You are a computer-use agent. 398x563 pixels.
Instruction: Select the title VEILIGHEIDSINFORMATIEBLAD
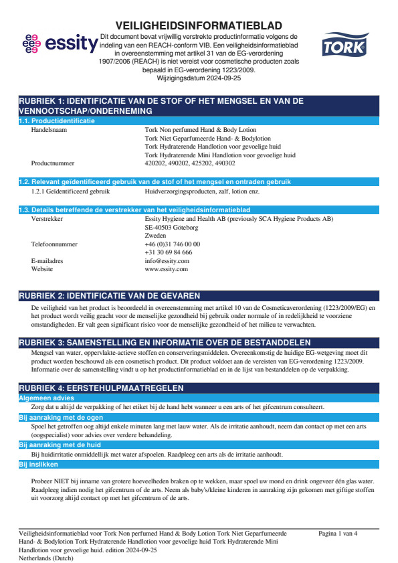click(199, 25)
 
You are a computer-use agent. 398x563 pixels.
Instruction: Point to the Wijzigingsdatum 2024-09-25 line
click(199, 78)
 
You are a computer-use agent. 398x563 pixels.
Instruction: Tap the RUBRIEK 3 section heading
click(164, 342)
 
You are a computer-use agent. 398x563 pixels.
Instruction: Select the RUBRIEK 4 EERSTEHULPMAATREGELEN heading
click(101, 388)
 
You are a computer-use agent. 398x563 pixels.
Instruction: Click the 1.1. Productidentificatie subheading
click(57, 121)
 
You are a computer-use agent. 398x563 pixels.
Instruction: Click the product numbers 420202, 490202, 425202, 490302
click(190, 163)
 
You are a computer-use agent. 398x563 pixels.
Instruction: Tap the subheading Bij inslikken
click(38, 464)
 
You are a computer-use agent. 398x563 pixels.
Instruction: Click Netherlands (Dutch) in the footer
click(46, 557)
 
